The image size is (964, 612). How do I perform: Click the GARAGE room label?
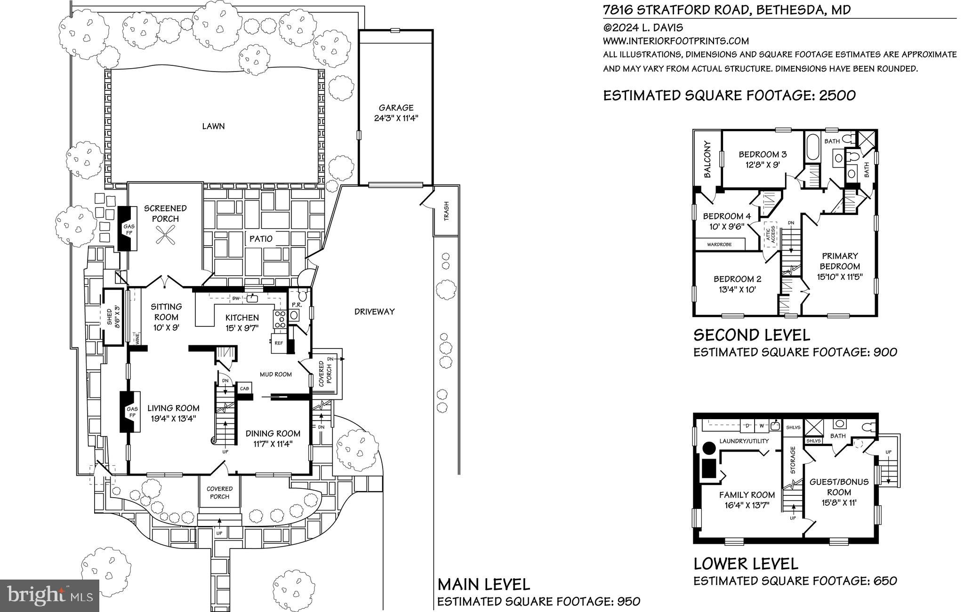coord(396,108)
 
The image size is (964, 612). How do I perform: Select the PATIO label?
coord(261,238)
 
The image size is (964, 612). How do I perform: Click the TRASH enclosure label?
coord(446,211)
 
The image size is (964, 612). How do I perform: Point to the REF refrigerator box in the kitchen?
coord(279,343)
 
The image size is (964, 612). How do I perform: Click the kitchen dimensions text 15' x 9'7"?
coord(241,328)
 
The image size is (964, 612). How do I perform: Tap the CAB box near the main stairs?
coord(244,389)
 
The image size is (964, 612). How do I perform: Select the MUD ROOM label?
coord(276,374)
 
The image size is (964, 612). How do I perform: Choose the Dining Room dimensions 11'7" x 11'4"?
coord(273,444)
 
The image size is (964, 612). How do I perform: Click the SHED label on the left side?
coord(109,317)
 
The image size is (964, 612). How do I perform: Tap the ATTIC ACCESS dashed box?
coord(770,235)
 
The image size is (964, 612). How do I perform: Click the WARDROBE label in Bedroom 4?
coord(720,245)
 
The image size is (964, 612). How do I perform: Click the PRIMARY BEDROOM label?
coord(840,261)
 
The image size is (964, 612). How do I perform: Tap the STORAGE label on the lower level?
coord(793,460)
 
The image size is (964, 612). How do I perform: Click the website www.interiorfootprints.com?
coord(676,41)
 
